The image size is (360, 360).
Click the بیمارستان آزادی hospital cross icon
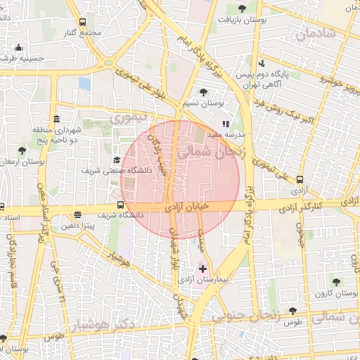(x=203, y=269)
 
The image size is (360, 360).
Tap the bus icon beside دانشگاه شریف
(x=122, y=206)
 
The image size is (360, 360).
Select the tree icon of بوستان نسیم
(x=203, y=91)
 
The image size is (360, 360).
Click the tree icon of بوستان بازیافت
(x=242, y=8)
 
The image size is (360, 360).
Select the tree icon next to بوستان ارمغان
(x=23, y=150)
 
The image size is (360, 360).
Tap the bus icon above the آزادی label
(x=301, y=179)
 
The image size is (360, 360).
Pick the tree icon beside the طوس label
(x=292, y=310)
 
